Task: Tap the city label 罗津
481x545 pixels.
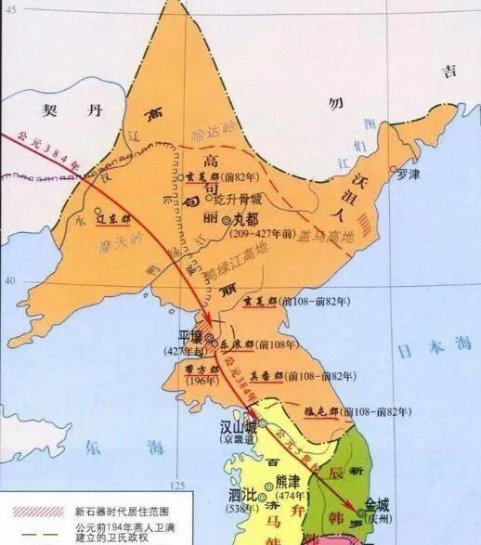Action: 408,174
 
